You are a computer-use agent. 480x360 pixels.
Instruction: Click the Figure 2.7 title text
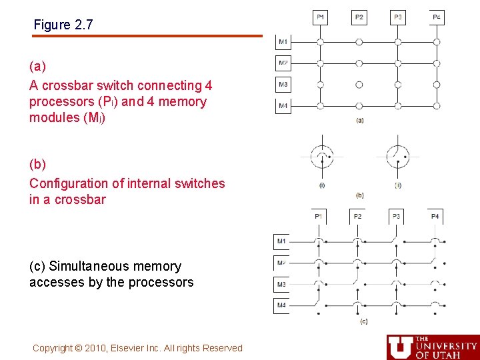[x=63, y=25]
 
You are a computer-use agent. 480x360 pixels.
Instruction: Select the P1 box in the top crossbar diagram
[x=321, y=17]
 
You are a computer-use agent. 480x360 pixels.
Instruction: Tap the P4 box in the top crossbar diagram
[x=437, y=17]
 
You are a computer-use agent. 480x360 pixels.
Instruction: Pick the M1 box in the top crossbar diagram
[x=283, y=42]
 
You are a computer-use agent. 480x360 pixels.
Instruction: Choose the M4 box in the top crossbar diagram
[x=283, y=106]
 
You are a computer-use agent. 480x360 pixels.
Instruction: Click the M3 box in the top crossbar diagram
[x=283, y=85]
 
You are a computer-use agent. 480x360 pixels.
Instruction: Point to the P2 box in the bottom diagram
[x=357, y=216]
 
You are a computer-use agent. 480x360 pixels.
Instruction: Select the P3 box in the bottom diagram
[x=397, y=216]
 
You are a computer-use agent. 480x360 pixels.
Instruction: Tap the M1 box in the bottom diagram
[x=281, y=241]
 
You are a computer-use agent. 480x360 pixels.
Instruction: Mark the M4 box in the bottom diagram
[x=281, y=306]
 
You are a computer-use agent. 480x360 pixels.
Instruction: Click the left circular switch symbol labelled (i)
[x=322, y=157]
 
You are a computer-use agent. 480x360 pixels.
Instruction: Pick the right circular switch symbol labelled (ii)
[x=398, y=157]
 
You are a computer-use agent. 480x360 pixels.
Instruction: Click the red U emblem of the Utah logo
[x=400, y=347]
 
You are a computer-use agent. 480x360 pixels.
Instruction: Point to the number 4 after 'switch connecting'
[x=209, y=86]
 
